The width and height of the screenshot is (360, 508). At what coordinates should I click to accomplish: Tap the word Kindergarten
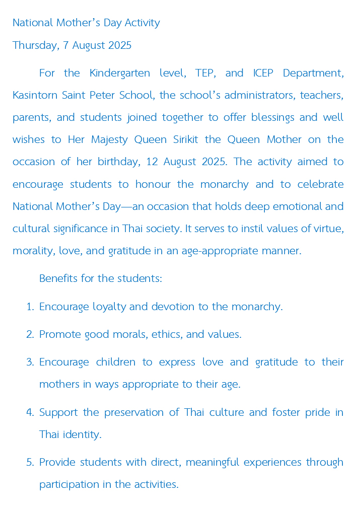pyautogui.click(x=120, y=73)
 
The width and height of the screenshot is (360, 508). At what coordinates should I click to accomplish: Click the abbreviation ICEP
pyautogui.click(x=263, y=73)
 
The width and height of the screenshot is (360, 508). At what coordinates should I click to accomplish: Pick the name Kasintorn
pyautogui.click(x=34, y=95)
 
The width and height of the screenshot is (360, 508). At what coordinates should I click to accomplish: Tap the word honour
pyautogui.click(x=154, y=184)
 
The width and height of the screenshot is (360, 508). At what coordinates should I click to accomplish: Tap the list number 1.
pyautogui.click(x=29, y=307)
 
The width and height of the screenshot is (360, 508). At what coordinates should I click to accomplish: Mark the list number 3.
pyautogui.click(x=29, y=362)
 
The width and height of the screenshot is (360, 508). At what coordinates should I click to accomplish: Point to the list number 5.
pyautogui.click(x=29, y=462)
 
